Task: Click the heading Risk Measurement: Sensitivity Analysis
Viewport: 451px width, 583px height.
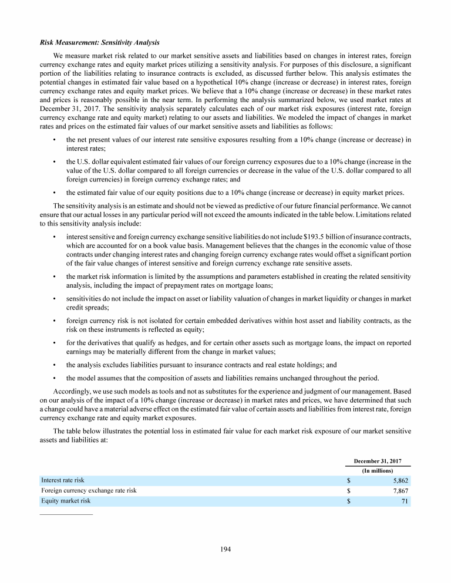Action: click(x=99, y=43)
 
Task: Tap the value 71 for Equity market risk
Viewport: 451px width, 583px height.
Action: click(x=404, y=501)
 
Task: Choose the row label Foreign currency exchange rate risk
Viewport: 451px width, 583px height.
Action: click(x=88, y=490)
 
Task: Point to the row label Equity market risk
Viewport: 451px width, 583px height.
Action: click(x=66, y=501)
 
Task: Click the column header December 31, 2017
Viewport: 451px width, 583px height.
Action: click(x=377, y=460)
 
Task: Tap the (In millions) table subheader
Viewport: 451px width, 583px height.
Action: click(x=377, y=470)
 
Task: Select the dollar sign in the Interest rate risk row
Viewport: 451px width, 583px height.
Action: click(x=349, y=480)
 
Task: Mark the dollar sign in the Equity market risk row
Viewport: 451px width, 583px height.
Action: click(x=349, y=501)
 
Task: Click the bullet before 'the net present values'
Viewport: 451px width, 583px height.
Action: click(x=54, y=140)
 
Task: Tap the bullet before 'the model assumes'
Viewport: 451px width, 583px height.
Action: click(x=54, y=378)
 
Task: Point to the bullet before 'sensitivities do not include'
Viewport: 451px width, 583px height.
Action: click(x=54, y=299)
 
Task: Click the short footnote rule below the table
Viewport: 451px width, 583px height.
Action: click(x=66, y=515)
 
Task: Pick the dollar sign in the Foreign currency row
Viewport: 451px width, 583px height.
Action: click(x=349, y=490)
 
